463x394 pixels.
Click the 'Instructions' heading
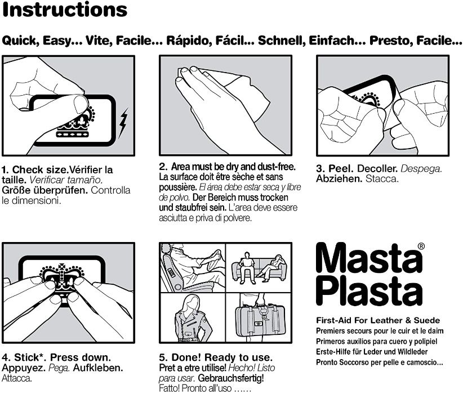(x=65, y=10)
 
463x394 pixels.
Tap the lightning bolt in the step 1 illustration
(x=123, y=123)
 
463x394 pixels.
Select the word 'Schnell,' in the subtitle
(x=282, y=41)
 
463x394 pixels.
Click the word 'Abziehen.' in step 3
(x=339, y=179)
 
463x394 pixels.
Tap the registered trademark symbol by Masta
(x=421, y=247)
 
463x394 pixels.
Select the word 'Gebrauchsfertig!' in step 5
(x=231, y=378)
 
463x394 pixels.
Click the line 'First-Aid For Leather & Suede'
(x=378, y=320)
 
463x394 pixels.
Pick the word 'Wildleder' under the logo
(x=412, y=352)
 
